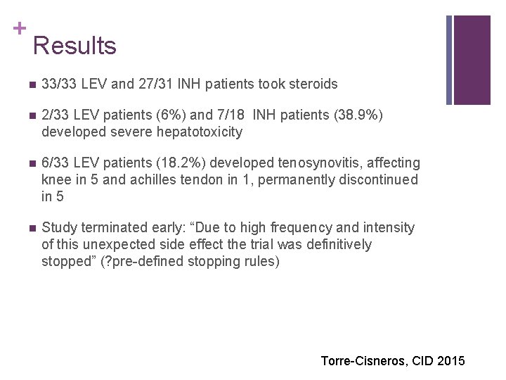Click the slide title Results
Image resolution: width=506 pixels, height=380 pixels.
pos(74,46)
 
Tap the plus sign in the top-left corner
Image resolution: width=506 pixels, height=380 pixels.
pos(19,28)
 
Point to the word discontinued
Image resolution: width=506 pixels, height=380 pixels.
pos(380,180)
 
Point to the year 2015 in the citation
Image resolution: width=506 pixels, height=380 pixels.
pos(450,361)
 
